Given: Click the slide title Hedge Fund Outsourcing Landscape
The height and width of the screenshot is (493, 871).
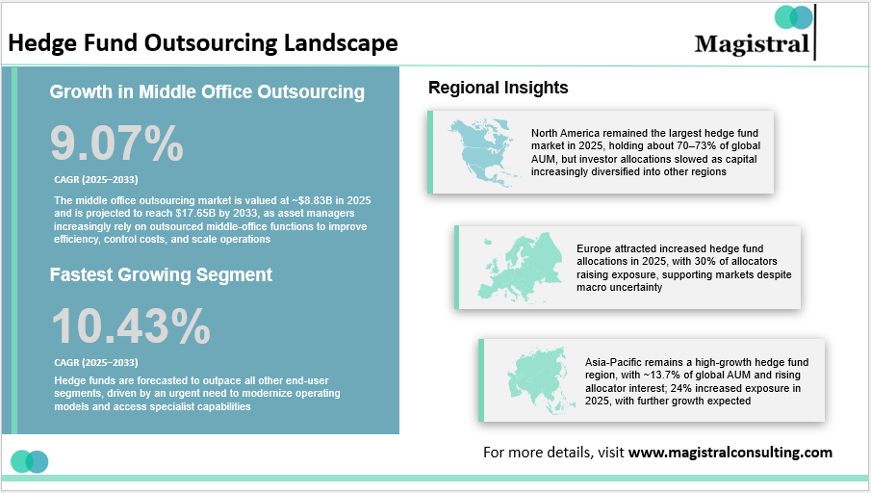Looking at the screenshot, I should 202,43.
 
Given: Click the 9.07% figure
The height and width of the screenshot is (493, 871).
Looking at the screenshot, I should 116,144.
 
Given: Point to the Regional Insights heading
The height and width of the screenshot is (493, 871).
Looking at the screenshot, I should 498,88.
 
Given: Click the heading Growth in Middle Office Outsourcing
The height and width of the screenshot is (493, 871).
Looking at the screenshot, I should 207,92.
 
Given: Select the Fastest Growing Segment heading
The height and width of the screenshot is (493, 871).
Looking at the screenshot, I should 161,274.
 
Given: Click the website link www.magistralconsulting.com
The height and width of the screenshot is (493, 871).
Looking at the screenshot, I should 730,452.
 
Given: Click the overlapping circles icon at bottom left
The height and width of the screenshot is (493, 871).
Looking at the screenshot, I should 30,461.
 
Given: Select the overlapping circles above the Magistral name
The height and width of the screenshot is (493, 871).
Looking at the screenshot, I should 793,17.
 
